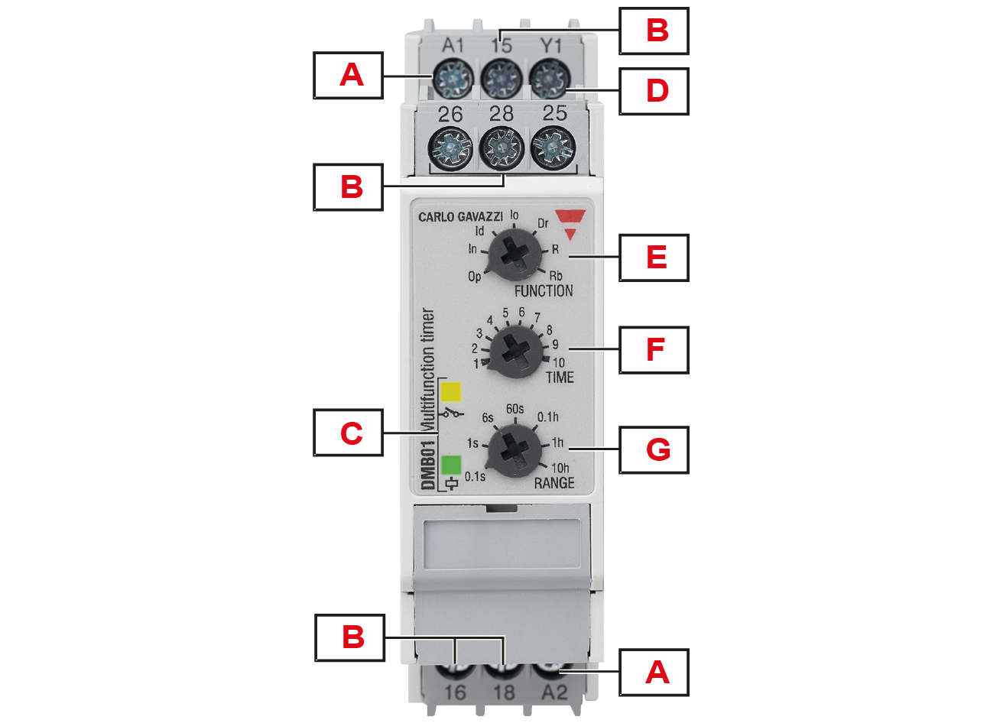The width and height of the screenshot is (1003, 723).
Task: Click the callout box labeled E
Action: (x=654, y=258)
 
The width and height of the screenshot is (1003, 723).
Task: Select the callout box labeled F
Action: (x=654, y=349)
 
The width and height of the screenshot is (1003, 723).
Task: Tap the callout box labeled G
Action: (x=654, y=449)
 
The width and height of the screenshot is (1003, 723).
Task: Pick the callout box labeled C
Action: (x=349, y=433)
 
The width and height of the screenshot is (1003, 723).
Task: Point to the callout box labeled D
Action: (x=654, y=91)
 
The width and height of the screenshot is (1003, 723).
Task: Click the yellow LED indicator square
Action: (x=451, y=392)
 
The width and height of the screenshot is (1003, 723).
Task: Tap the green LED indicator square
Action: (x=451, y=465)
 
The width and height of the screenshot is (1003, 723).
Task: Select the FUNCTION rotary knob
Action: (x=514, y=255)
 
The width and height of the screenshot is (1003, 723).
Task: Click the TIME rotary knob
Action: (x=516, y=352)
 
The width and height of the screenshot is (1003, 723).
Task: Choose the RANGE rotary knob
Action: (x=514, y=451)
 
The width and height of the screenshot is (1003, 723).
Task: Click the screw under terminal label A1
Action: (x=453, y=79)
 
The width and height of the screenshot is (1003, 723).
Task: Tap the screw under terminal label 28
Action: (x=501, y=148)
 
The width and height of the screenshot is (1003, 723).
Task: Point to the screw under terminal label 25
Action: (x=553, y=148)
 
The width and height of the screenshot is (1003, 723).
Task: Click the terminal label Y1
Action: (x=550, y=46)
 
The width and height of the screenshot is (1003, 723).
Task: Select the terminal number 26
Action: (x=450, y=115)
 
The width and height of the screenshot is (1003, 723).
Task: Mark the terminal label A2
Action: (x=554, y=692)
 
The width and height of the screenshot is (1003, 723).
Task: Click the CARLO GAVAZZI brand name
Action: (x=460, y=217)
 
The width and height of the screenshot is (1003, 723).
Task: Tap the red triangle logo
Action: (x=570, y=224)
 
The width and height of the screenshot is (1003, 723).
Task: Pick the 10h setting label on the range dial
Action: (x=560, y=468)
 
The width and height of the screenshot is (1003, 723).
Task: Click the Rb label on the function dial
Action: (x=555, y=276)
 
